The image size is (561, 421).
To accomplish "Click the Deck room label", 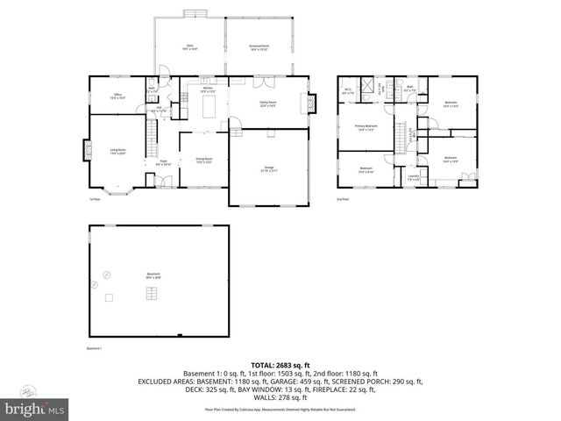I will click(188, 46).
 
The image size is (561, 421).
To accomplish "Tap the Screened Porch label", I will click(259, 46).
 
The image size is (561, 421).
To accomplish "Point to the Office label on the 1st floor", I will click(117, 96).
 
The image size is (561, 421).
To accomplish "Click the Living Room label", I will click(117, 152).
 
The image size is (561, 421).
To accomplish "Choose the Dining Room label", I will click(203, 160).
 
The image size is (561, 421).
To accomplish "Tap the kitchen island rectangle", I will click(209, 107).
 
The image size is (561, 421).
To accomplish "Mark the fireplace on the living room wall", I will click(86, 151).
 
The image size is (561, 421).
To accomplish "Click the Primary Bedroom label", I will click(366, 128).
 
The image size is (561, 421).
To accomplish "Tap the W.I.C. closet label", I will click(348, 90).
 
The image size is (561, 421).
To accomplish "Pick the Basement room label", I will click(153, 275).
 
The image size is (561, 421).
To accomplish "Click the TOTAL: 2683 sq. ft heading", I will click(280, 365).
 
